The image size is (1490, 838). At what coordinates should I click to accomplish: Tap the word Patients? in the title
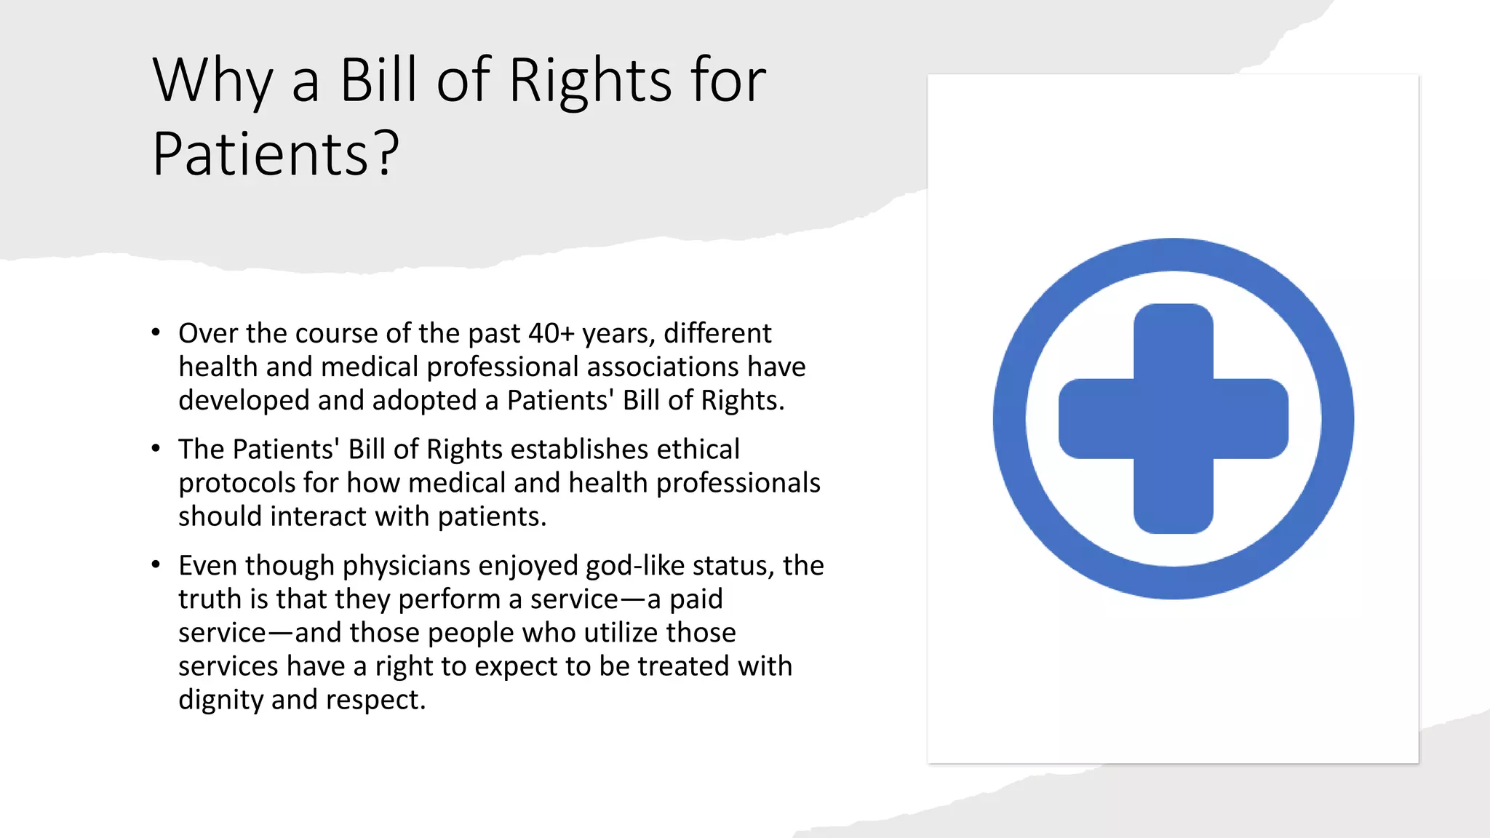pyautogui.click(x=276, y=154)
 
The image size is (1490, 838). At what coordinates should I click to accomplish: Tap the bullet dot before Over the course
pyautogui.click(x=156, y=333)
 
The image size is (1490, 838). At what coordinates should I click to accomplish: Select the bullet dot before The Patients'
pyautogui.click(x=156, y=449)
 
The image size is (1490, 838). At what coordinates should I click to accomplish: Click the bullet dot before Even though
pyautogui.click(x=156, y=565)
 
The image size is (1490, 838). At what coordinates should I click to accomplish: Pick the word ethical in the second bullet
pyautogui.click(x=698, y=449)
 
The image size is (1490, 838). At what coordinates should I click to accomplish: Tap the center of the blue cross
pyautogui.click(x=1174, y=419)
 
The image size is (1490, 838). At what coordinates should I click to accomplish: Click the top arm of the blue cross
pyautogui.click(x=1174, y=338)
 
